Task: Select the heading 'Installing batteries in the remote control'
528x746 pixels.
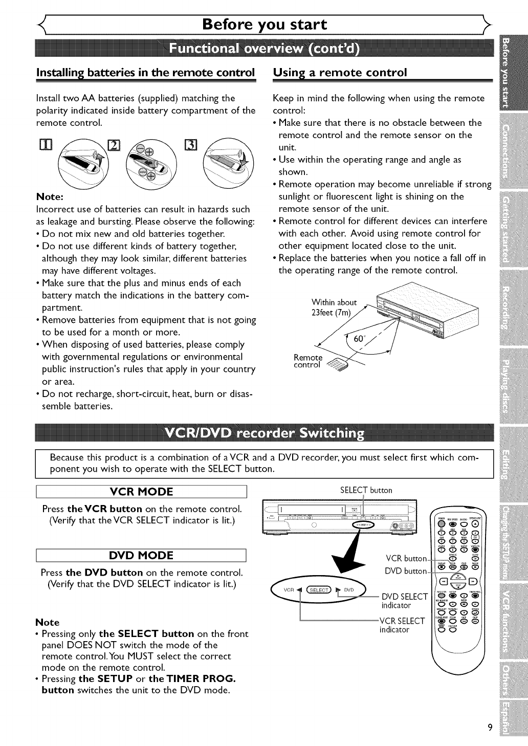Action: [145, 72]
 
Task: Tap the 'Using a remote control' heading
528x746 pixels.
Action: [340, 72]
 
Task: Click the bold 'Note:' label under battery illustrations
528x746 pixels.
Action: [50, 196]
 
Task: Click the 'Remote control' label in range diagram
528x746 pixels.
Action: [307, 361]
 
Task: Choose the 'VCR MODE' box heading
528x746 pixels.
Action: [142, 492]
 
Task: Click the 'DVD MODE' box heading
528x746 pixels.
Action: [142, 555]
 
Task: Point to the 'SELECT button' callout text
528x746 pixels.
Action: [366, 490]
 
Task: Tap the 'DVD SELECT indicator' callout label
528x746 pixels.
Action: [404, 601]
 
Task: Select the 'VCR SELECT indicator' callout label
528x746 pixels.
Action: [402, 625]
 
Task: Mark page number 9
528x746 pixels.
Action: [490, 728]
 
